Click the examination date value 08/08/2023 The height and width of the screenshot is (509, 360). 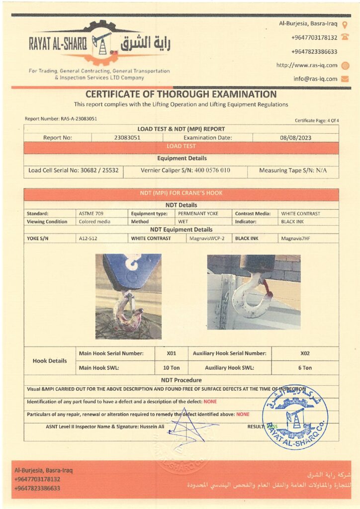tap(295, 138)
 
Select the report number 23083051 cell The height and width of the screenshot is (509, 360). tap(127, 138)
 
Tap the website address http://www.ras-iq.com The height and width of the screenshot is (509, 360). tap(307, 65)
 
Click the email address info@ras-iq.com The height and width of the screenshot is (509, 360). tap(315, 79)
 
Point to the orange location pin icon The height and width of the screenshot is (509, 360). tap(345, 24)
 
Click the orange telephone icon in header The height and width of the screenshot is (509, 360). tap(345, 37)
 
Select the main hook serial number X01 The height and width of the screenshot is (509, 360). tap(172, 353)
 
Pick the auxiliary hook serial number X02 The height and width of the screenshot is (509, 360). tap(305, 353)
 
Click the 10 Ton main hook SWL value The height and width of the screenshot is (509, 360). tap(172, 368)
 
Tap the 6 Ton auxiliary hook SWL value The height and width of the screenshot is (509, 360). tap(305, 368)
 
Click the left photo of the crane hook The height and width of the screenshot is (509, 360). tap(128, 296)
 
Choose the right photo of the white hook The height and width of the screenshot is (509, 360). tap(254, 292)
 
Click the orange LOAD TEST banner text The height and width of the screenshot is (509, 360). tap(181, 147)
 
